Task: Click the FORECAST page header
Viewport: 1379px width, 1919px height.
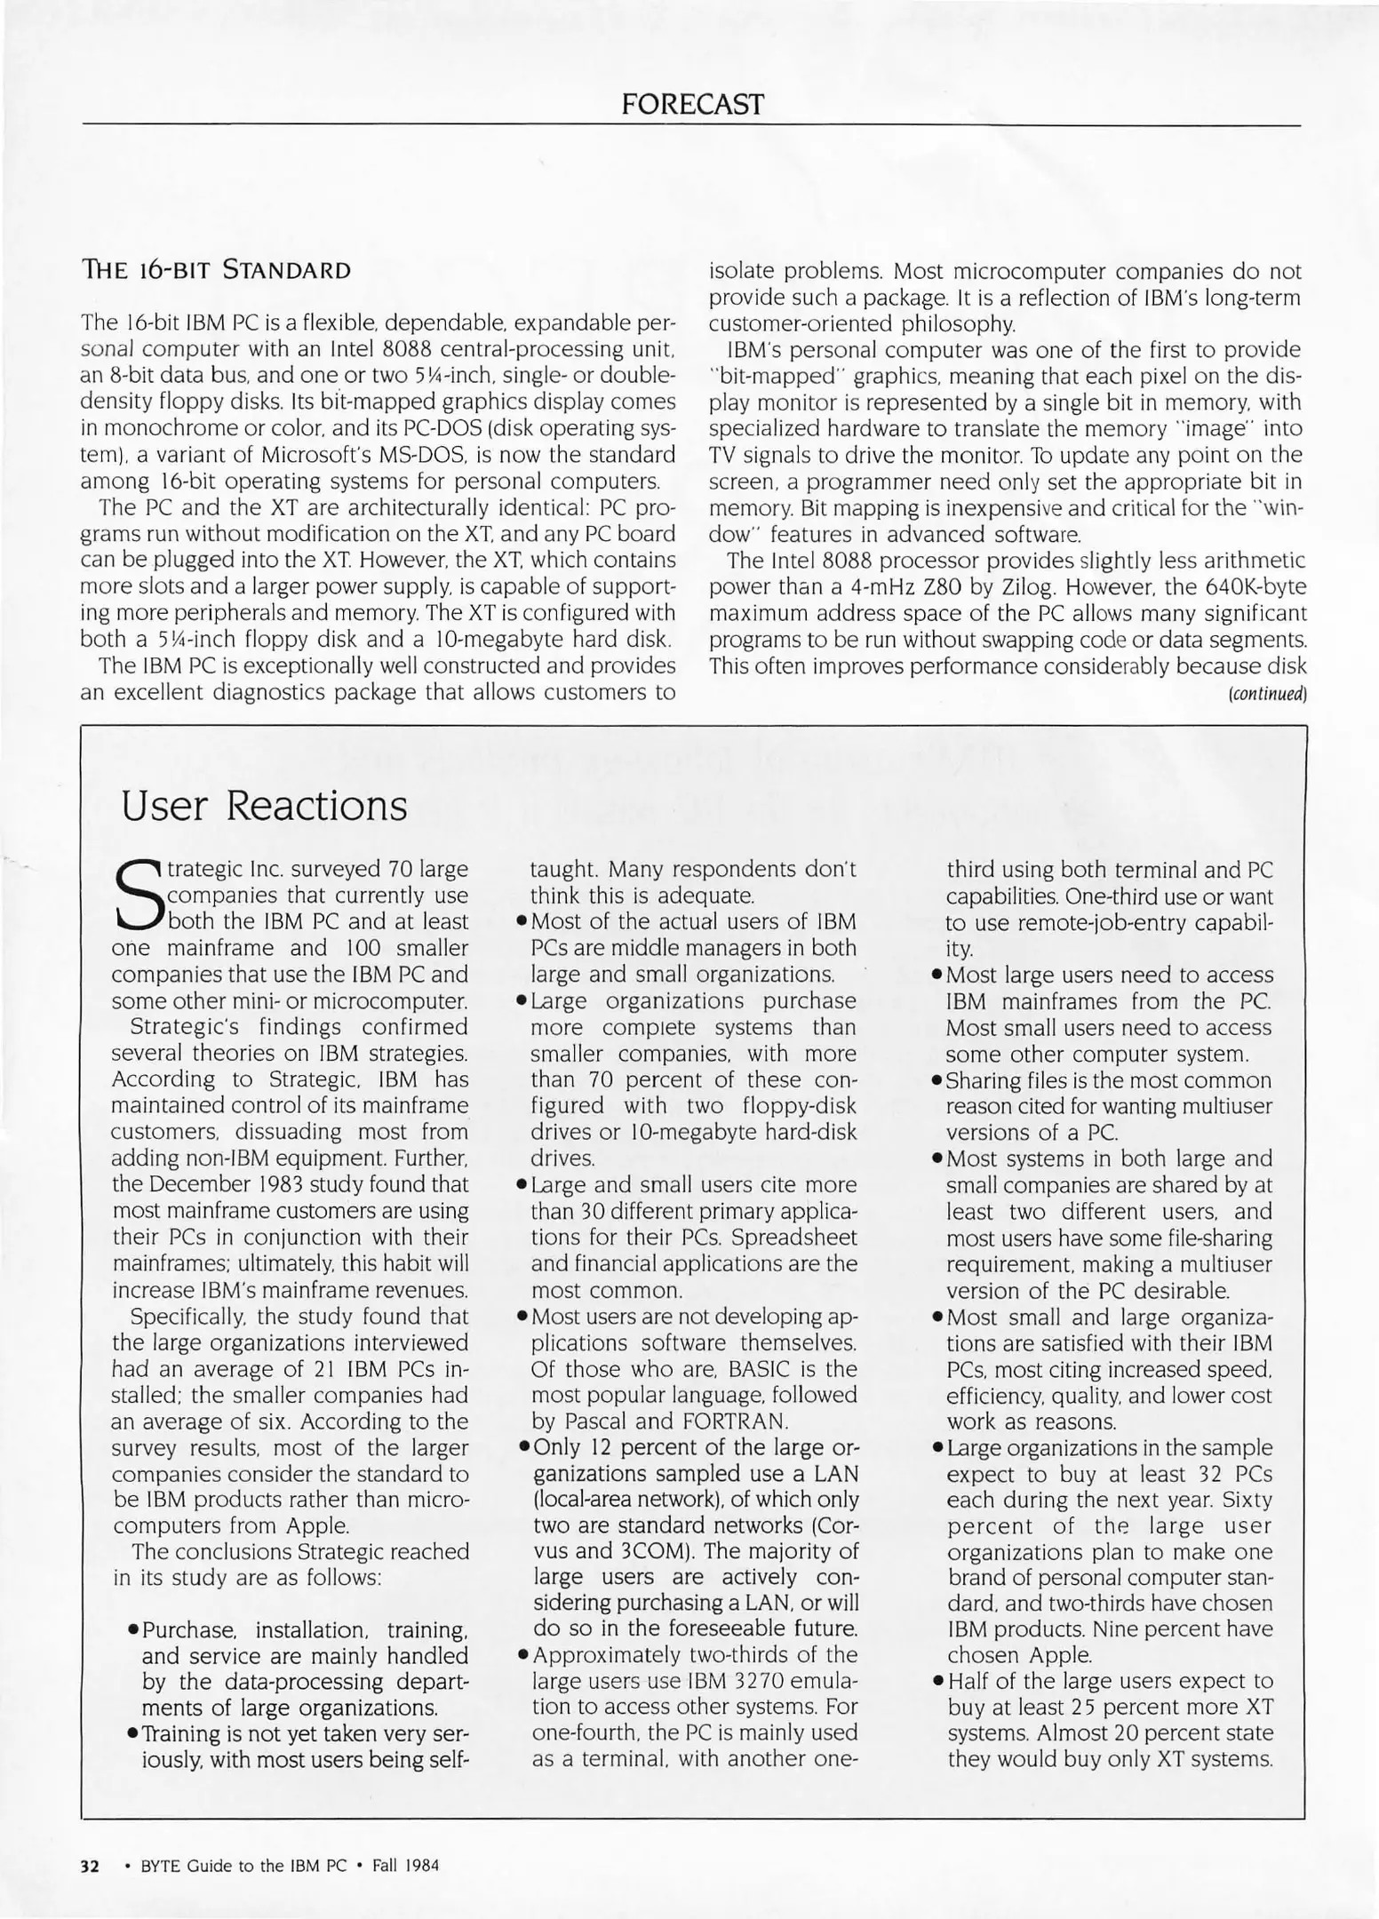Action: coord(691,105)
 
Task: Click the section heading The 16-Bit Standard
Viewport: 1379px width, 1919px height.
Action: coord(215,270)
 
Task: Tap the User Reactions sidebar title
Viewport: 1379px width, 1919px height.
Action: coord(264,806)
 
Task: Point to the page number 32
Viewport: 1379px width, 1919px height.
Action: coord(91,1866)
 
